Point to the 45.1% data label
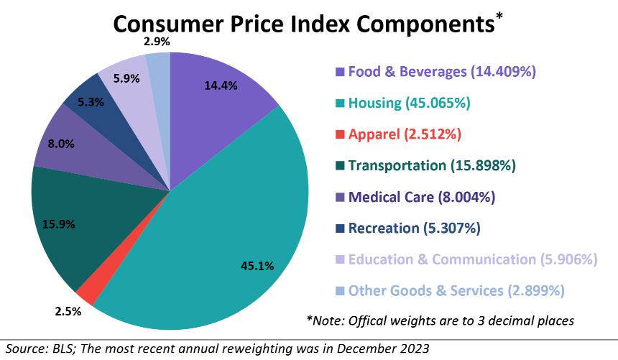[x=257, y=266]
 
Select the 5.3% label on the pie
[x=90, y=102]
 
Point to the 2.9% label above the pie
[x=157, y=42]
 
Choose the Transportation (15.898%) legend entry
[x=432, y=166]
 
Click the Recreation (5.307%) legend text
[x=414, y=229]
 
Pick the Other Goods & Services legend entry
[x=456, y=291]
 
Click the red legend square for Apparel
[x=340, y=135]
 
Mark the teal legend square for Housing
[x=340, y=103]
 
